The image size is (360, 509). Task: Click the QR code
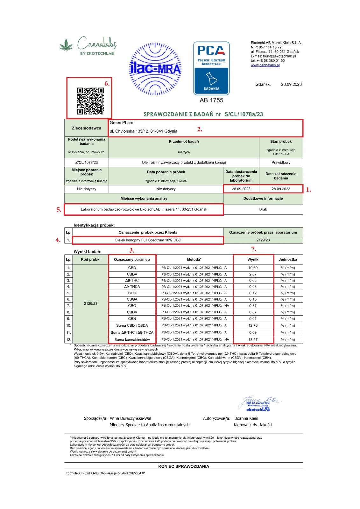[90, 101]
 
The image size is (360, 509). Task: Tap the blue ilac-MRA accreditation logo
[155, 69]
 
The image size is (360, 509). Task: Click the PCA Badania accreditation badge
[211, 68]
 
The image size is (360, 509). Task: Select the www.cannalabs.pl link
[265, 65]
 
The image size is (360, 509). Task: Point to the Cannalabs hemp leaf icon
[66, 45]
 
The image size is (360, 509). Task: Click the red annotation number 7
[253, 249]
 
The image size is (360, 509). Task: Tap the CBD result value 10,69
[253, 268]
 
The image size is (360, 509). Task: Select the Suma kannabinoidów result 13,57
[253, 339]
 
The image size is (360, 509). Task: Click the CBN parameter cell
[132, 318]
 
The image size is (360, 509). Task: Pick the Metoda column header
[194, 260]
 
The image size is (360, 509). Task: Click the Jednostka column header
[288, 260]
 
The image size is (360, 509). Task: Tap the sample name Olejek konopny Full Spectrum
[148, 240]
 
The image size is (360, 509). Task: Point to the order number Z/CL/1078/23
[87, 163]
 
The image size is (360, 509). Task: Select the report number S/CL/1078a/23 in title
[244, 114]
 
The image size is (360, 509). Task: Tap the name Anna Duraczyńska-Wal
[131, 418]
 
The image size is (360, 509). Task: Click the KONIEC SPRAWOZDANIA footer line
[184, 466]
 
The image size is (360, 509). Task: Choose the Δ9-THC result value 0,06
[253, 281]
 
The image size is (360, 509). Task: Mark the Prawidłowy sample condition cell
[281, 163]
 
